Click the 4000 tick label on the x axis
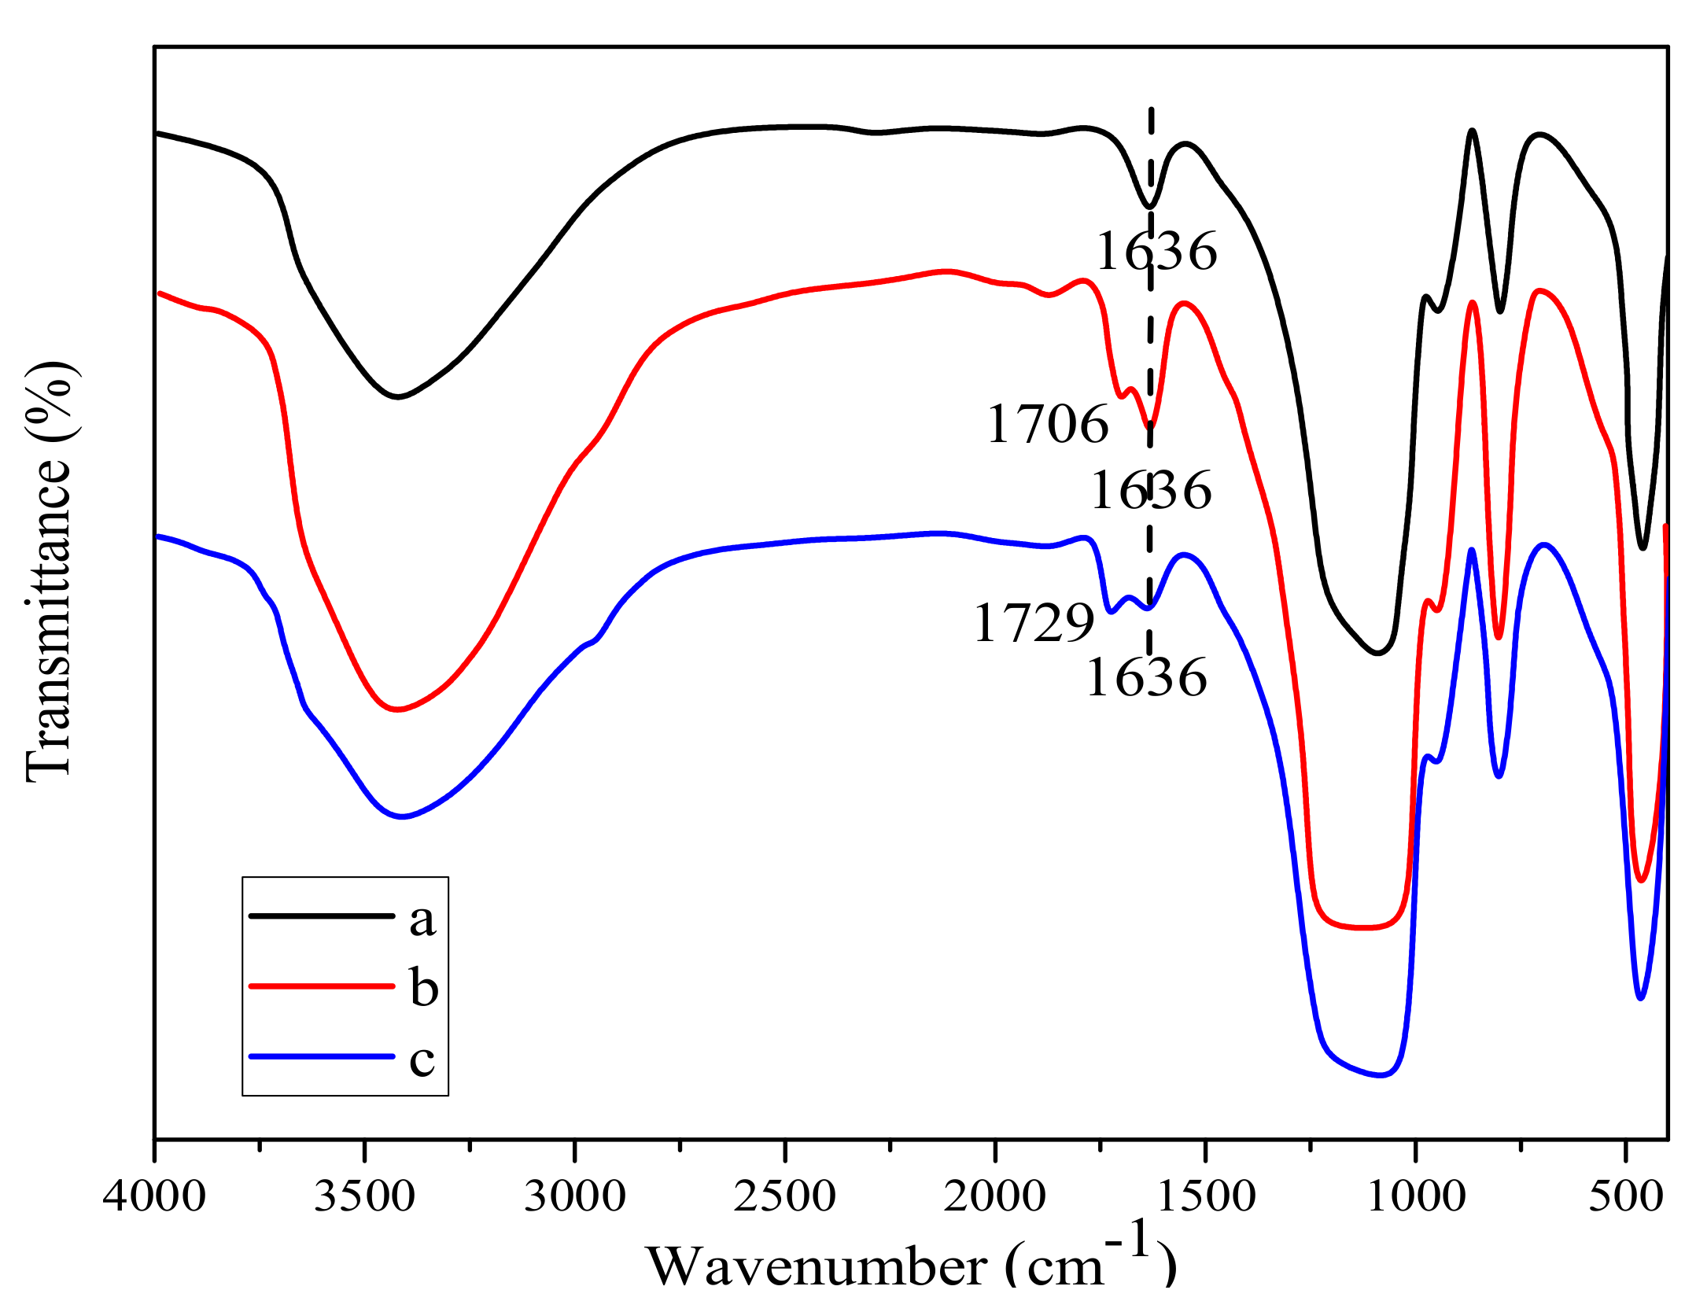[154, 1197]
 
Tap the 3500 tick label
[364, 1197]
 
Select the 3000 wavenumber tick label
[575, 1197]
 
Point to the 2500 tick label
[785, 1197]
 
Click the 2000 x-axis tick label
[995, 1197]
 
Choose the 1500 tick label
[1206, 1197]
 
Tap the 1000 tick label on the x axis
[1416, 1197]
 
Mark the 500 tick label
[1625, 1197]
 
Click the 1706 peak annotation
[1047, 425]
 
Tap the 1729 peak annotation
[1034, 624]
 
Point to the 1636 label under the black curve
[1156, 252]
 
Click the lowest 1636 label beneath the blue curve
[1146, 678]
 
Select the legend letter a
[422, 920]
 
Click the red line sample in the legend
[321, 986]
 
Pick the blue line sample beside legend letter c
[321, 1056]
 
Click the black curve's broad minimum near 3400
[397, 396]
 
